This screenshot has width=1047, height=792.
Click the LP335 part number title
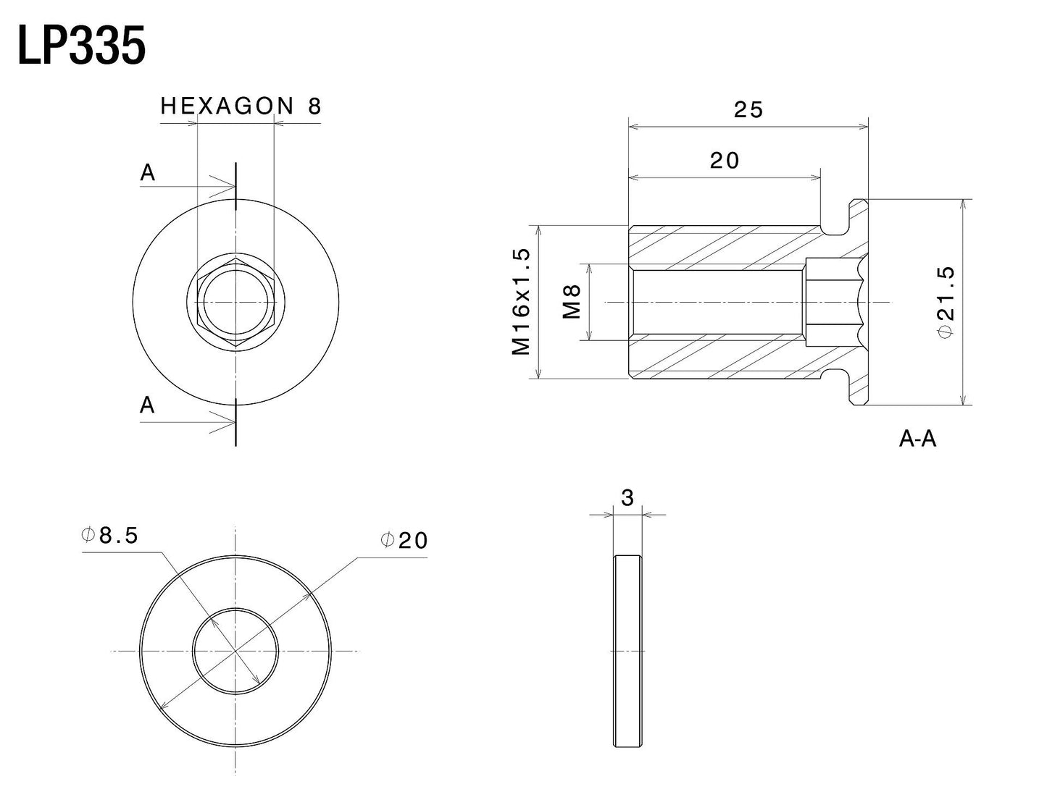82,46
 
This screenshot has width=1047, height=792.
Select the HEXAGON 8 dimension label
241,106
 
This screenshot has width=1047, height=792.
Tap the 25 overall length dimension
748,109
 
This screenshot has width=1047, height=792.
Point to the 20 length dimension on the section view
724,161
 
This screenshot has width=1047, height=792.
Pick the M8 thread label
571,302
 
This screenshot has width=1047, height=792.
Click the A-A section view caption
917,439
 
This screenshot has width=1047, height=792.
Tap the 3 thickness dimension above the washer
627,498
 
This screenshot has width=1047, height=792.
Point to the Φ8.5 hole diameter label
109,536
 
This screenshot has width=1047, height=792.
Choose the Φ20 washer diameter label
404,540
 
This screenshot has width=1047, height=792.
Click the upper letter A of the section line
147,172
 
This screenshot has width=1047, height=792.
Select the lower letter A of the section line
147,405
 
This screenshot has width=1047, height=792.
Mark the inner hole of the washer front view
235,651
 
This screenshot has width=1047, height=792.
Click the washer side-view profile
627,651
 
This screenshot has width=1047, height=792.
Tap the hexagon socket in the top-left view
235,302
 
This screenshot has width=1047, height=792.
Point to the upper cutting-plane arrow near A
188,186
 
